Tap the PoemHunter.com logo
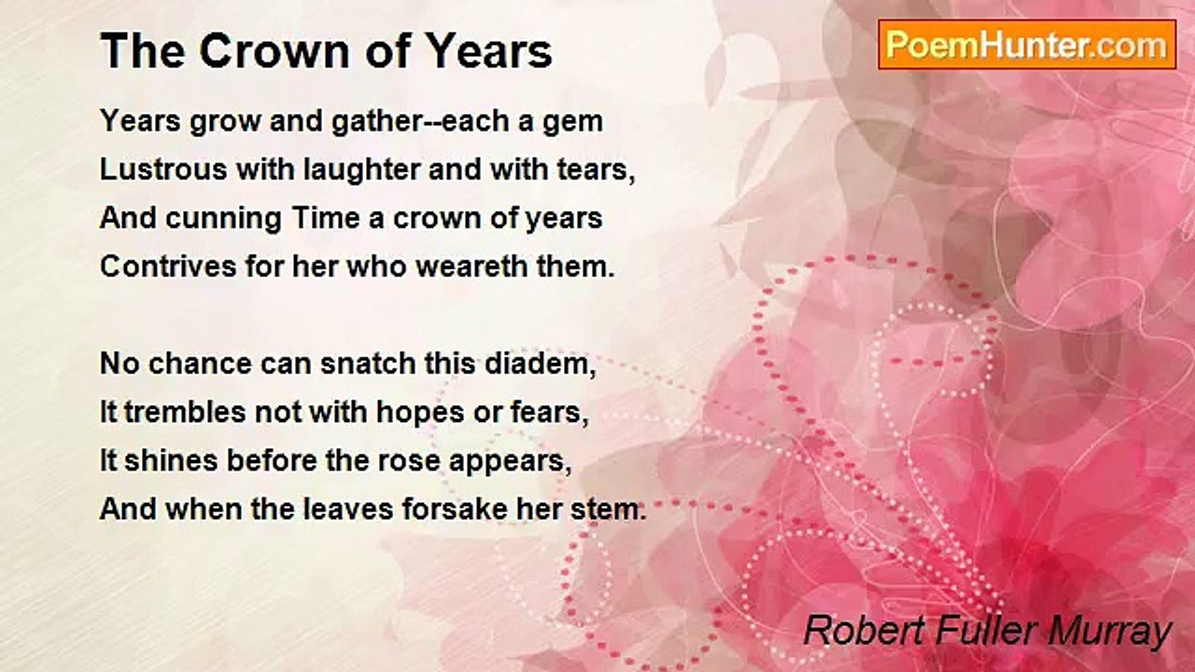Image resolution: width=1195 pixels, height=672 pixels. click(x=1027, y=45)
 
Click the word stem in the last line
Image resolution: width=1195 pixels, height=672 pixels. click(x=613, y=511)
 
